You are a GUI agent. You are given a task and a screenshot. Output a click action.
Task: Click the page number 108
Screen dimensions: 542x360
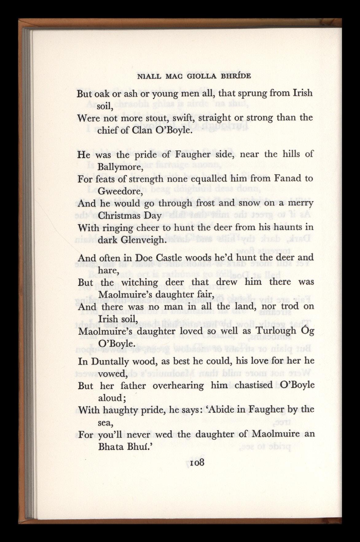[197, 463]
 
